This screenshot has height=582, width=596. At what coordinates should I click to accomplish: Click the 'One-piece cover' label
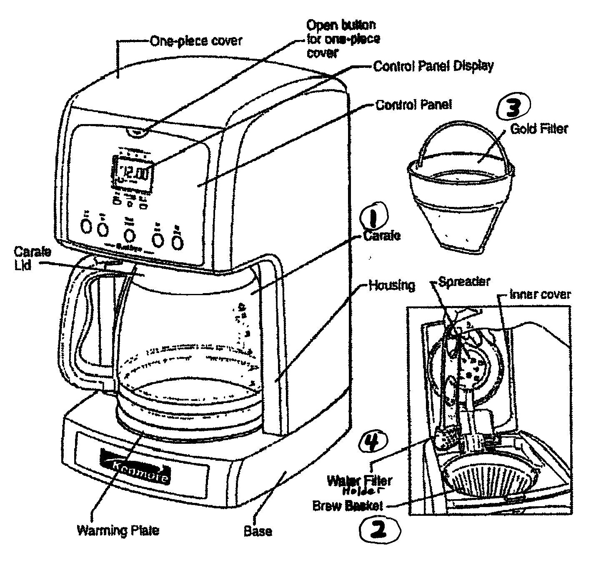click(196, 41)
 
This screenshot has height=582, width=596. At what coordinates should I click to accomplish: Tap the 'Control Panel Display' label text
click(433, 66)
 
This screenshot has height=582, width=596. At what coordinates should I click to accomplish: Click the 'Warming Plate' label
click(118, 530)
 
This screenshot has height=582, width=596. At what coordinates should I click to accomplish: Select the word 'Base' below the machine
click(258, 531)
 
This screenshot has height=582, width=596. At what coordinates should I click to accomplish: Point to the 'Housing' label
click(392, 285)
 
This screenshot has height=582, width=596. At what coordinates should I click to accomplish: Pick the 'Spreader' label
click(463, 282)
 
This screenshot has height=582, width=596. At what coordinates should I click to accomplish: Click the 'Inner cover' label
click(540, 294)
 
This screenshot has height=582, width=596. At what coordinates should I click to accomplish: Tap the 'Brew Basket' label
click(347, 506)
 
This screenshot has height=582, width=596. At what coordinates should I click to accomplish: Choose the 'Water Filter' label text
click(359, 481)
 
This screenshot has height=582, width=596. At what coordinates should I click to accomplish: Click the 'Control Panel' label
click(413, 104)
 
